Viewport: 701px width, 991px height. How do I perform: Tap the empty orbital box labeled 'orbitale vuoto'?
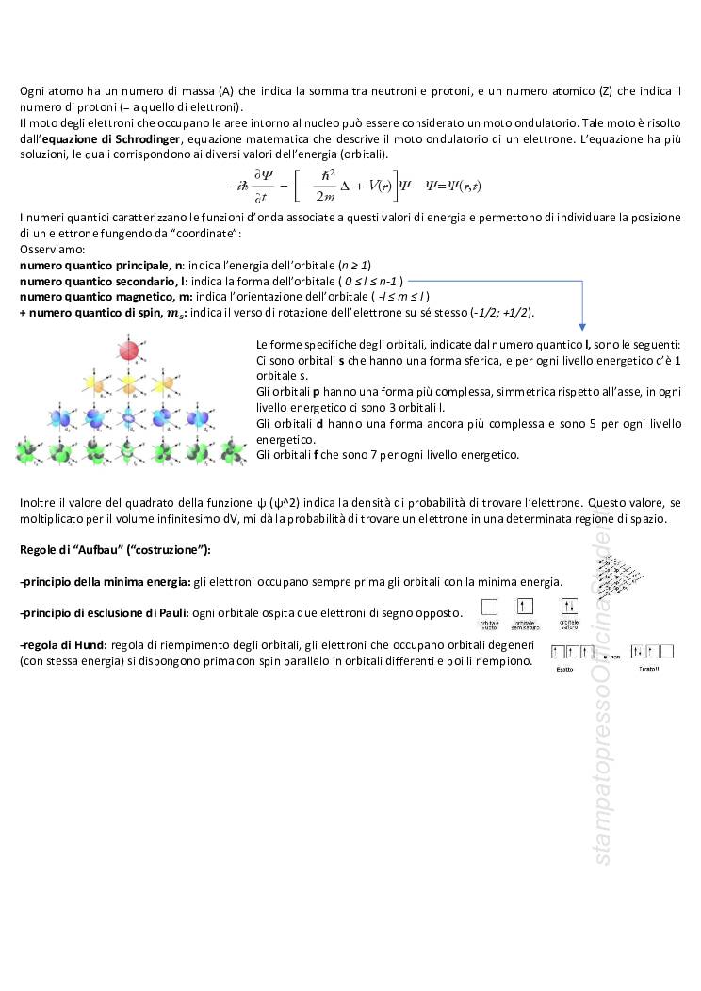point(490,609)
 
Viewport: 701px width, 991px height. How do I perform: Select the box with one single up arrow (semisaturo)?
point(525,609)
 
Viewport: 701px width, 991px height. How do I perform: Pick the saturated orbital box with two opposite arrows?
point(569,609)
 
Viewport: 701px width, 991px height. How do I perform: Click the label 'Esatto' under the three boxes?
point(564,668)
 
